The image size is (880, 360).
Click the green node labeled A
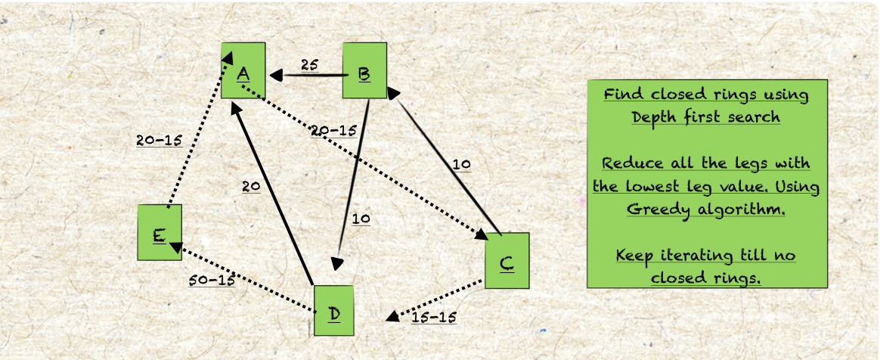(x=243, y=71)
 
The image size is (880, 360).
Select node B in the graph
(x=365, y=71)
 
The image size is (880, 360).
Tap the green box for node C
(x=507, y=261)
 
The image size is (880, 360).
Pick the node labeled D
(x=334, y=311)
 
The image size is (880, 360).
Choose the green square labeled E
(x=160, y=232)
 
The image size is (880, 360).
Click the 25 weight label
(x=309, y=65)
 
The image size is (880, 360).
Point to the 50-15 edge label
(x=212, y=280)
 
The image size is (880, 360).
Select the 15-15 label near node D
(x=434, y=318)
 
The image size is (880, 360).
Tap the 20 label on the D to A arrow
(x=251, y=187)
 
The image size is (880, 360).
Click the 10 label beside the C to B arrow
(x=462, y=165)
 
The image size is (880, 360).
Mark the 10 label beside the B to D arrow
(x=361, y=219)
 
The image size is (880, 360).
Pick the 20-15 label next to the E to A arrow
(x=160, y=141)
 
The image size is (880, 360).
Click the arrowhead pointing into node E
(x=175, y=247)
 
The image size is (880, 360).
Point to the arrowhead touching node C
(x=482, y=234)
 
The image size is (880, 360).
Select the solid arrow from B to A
(x=306, y=75)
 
